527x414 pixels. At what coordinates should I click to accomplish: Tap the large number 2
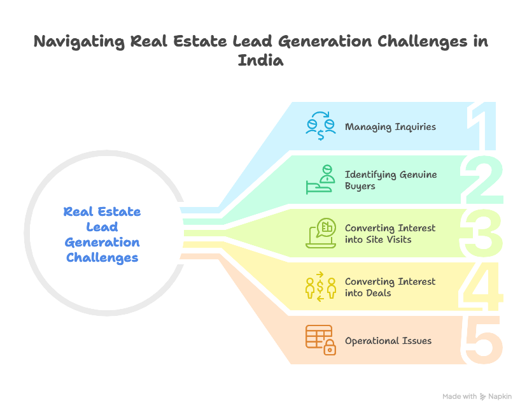[484, 179]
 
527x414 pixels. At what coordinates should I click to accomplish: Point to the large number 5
[484, 340]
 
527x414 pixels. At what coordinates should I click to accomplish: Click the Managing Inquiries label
[390, 127]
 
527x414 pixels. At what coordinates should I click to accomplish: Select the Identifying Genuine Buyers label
[390, 180]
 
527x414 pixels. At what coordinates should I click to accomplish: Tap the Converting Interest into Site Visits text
[390, 233]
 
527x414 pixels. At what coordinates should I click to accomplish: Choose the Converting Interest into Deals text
[390, 287]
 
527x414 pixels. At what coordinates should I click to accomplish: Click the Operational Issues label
[388, 341]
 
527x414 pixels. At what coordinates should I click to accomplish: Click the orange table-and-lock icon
[320, 340]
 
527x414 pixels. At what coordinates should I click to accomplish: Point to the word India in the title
[261, 61]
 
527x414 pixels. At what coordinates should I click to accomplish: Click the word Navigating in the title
[78, 43]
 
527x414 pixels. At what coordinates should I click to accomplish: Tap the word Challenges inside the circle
[102, 258]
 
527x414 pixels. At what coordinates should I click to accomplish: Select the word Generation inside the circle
[102, 243]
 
